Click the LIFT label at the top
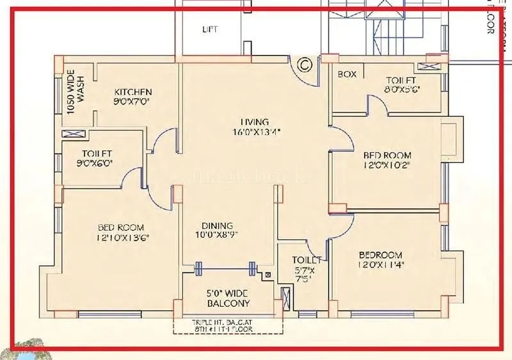pos(210,29)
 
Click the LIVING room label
pos(255,121)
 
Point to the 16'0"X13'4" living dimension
pos(255,132)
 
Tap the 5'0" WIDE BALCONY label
pos(228,299)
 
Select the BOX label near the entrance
pos(347,74)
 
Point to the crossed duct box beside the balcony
pos(285,299)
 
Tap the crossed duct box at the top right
pos(428,65)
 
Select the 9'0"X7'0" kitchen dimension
pos(133,102)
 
